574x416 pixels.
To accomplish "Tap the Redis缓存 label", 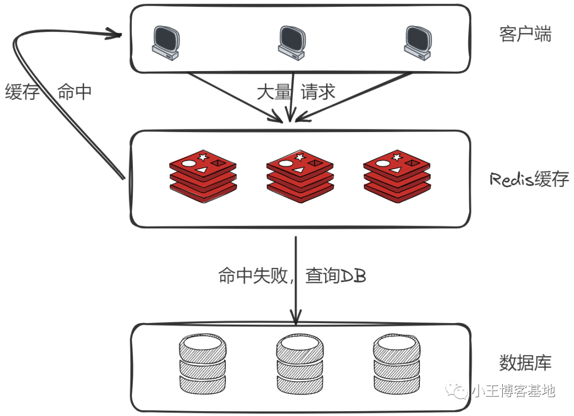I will click(x=529, y=179).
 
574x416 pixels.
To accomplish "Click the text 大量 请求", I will click(x=296, y=92).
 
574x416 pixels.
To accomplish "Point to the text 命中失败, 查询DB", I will click(x=292, y=276).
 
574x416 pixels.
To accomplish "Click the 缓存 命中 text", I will click(x=48, y=92).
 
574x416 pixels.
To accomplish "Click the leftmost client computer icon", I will click(x=165, y=41).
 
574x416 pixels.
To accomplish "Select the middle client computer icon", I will click(x=292, y=41).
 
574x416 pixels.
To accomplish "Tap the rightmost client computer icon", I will click(x=417, y=41).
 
